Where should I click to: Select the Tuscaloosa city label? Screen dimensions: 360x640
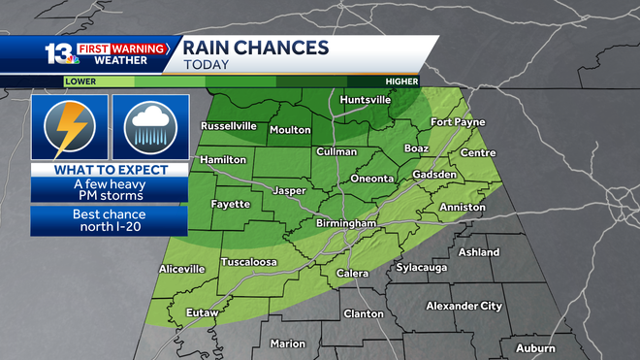[x=249, y=263]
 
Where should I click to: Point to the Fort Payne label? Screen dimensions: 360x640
[x=457, y=122]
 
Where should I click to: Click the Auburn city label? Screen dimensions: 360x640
[x=536, y=347]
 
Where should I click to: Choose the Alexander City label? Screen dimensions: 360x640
[x=464, y=306]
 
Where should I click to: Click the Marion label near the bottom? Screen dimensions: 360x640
[x=288, y=344]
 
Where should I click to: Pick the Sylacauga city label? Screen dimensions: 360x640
[x=427, y=267]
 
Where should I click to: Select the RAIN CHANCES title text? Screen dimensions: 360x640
[x=256, y=48]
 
